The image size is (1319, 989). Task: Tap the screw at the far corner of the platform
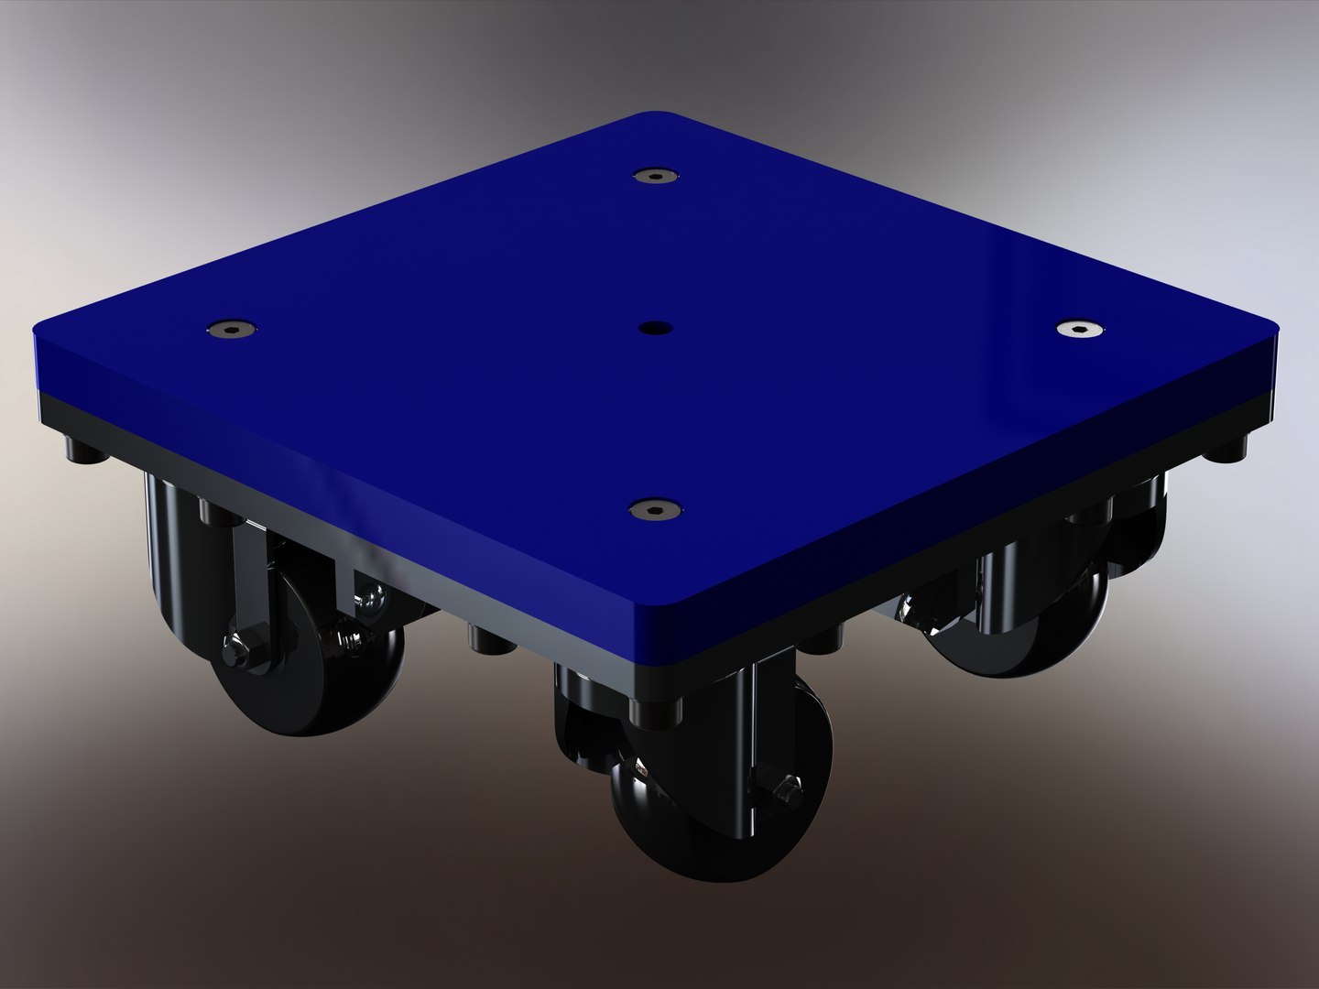point(653,175)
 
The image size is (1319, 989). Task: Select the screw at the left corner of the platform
point(230,328)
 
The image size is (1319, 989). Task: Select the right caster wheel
point(1017,623)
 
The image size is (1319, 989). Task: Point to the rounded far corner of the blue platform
point(653,117)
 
